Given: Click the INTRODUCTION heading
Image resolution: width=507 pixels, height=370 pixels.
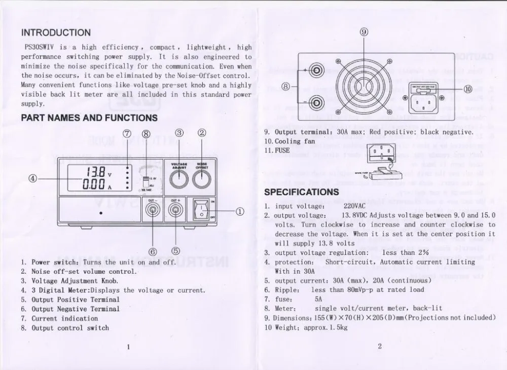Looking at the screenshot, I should (56, 33).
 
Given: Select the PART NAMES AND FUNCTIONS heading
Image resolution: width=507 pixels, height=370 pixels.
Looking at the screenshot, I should (89, 118).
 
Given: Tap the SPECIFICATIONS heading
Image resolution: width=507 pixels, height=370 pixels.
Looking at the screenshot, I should (302, 192).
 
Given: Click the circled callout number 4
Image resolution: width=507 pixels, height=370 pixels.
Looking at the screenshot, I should (32, 178).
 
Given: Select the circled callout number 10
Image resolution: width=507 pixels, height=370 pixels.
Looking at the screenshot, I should (467, 89).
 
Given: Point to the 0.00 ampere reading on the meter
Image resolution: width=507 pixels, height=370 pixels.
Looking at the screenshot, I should (95, 184).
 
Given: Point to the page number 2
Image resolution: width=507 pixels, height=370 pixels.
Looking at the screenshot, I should (379, 347).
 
